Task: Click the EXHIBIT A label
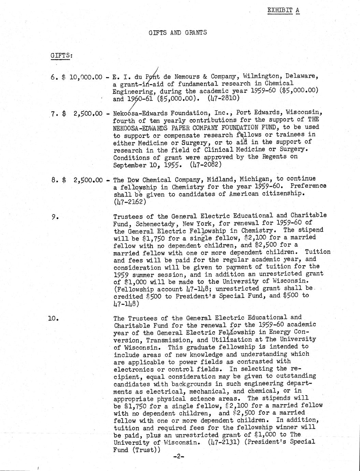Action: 283,10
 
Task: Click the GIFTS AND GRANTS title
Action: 178,33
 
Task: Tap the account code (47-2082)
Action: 206,164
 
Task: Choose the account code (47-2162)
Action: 130,201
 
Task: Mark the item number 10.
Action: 54,318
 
